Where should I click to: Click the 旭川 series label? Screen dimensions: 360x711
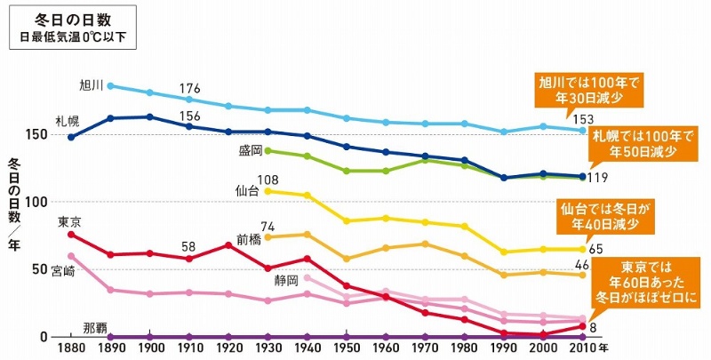pyautogui.click(x=92, y=85)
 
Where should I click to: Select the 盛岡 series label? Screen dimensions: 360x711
pyautogui.click(x=251, y=150)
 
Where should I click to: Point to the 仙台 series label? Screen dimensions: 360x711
pyautogui.click(x=248, y=190)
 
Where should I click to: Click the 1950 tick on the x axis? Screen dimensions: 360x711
pyautogui.click(x=347, y=348)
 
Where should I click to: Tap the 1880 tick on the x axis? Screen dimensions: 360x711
pyautogui.click(x=71, y=348)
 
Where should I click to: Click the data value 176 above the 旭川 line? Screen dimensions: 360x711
pyautogui.click(x=189, y=88)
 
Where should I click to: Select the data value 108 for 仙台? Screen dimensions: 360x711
pyautogui.click(x=268, y=180)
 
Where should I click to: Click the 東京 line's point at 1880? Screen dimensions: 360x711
pyautogui.click(x=71, y=234)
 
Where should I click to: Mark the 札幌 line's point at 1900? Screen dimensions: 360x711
pyautogui.click(x=149, y=116)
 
